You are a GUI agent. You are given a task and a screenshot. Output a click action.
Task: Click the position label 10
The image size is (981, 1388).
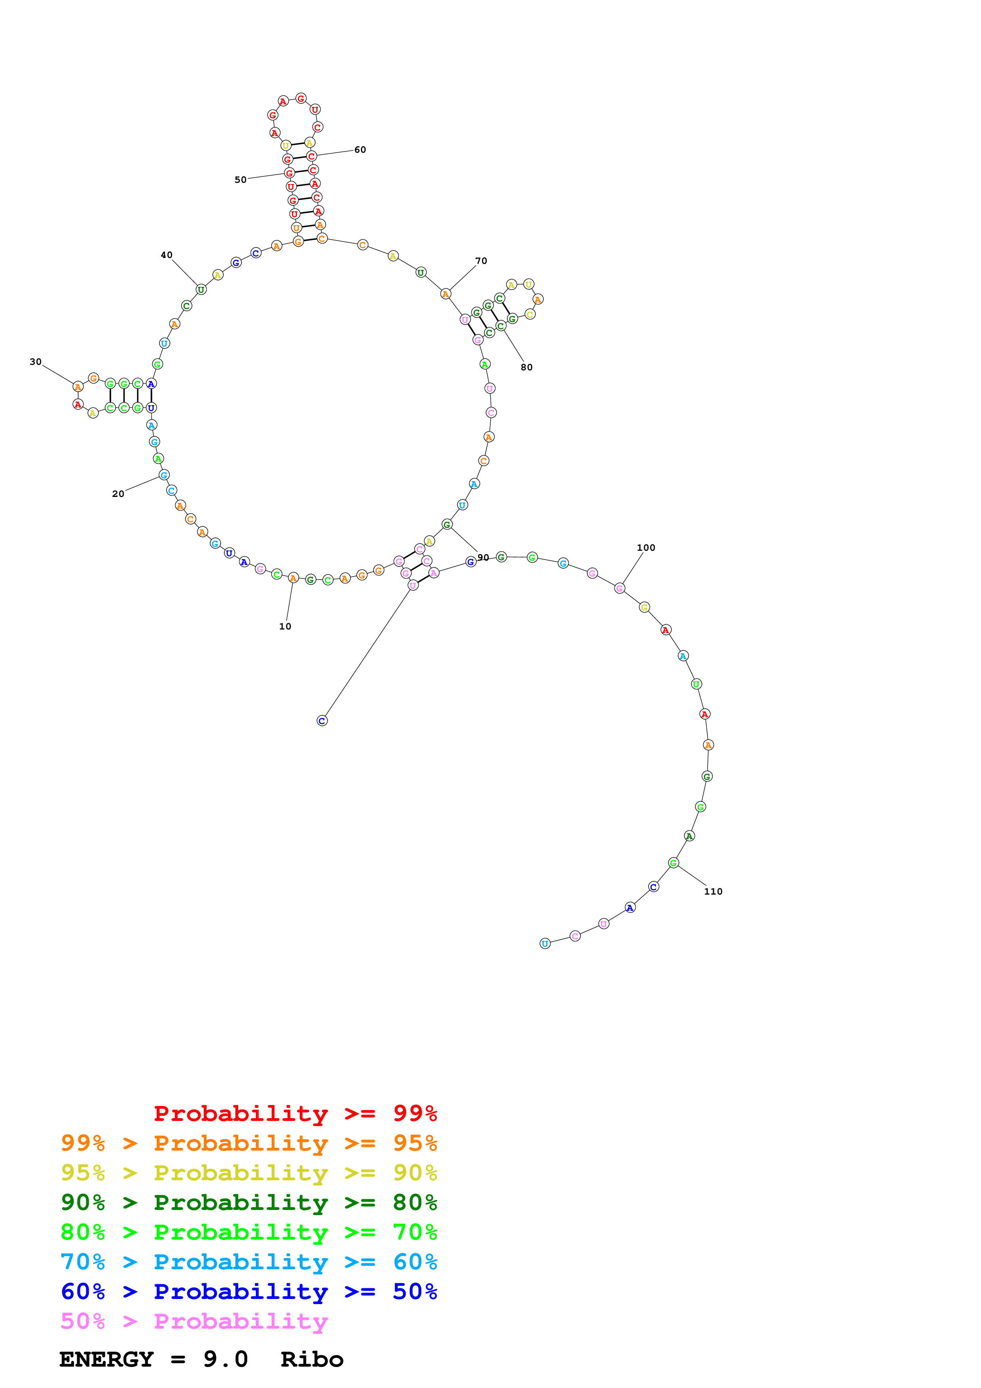click(x=285, y=626)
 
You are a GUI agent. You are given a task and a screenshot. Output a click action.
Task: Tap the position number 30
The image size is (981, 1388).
click(x=36, y=362)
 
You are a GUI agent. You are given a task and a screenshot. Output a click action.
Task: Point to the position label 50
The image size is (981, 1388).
click(x=241, y=180)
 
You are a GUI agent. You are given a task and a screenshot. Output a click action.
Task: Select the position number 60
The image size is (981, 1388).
click(x=360, y=149)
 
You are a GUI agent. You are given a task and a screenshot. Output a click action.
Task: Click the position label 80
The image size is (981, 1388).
click(x=526, y=367)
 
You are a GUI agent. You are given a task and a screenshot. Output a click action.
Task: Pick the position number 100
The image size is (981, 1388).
click(x=645, y=548)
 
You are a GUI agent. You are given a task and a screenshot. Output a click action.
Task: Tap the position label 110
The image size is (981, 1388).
click(x=713, y=891)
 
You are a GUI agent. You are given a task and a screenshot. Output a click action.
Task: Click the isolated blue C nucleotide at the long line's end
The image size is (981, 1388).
click(x=322, y=721)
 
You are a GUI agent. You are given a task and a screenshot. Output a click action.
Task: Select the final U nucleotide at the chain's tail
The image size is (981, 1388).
click(x=545, y=944)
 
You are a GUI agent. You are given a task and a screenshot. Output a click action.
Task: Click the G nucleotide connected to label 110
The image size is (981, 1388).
click(x=674, y=863)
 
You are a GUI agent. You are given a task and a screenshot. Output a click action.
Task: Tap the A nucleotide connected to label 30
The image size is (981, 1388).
click(x=78, y=386)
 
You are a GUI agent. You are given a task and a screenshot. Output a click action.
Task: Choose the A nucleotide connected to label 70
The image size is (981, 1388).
click(x=446, y=294)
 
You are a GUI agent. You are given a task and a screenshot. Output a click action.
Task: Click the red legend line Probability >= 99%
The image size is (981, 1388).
click(x=295, y=1113)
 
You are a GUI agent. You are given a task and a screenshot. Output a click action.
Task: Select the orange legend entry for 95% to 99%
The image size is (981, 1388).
click(x=249, y=1143)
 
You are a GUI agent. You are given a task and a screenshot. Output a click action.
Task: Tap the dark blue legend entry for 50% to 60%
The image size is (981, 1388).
click(x=249, y=1292)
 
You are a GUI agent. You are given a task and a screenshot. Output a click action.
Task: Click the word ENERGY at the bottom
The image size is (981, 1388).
click(x=106, y=1360)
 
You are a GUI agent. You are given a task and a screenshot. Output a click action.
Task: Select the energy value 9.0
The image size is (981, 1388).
click(x=226, y=1360)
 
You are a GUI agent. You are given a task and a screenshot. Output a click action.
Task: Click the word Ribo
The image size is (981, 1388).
click(x=312, y=1360)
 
